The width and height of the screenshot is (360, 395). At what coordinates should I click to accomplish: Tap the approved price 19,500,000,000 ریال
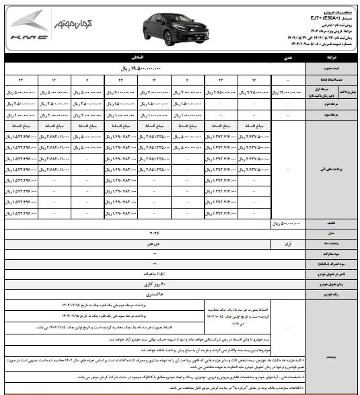click(x=157, y=69)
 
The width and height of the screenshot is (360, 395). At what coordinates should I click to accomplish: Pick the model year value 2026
click(x=157, y=232)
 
